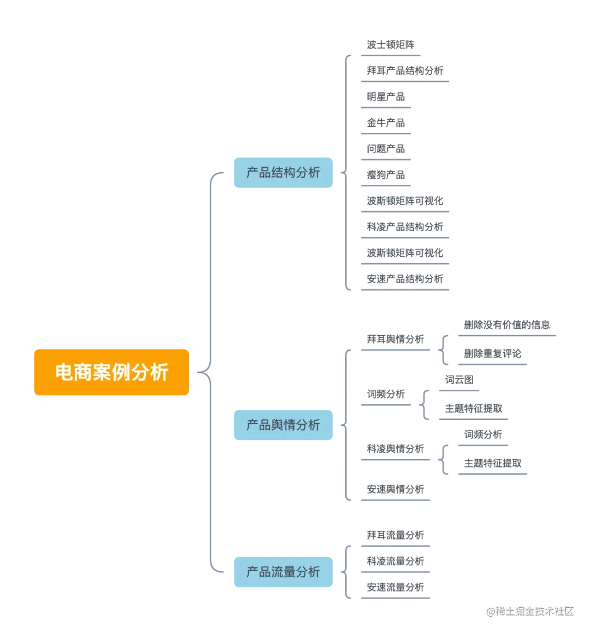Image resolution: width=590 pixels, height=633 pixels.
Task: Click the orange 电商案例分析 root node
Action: (x=111, y=372)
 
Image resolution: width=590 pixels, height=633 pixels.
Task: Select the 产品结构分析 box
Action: (x=283, y=172)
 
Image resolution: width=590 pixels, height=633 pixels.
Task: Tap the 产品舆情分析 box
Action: (x=283, y=424)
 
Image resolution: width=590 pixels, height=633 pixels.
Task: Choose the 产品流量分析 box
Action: (x=283, y=572)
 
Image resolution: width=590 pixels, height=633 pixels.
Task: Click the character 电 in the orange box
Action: (x=64, y=372)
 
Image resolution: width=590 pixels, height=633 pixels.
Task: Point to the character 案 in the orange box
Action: (x=102, y=372)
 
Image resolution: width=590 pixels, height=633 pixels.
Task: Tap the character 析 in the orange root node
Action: (x=159, y=372)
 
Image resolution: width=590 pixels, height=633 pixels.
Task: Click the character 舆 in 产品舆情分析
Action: (x=282, y=425)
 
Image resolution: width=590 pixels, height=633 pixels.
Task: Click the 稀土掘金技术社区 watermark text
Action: (x=534, y=611)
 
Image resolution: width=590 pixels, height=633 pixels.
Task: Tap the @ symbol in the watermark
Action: (x=490, y=611)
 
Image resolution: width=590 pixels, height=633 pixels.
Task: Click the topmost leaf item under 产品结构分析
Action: (x=389, y=45)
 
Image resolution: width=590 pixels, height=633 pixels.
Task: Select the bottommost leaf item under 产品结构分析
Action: (x=404, y=278)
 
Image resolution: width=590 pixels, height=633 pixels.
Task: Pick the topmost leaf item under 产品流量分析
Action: (x=395, y=535)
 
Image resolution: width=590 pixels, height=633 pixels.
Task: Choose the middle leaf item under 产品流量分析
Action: (x=395, y=561)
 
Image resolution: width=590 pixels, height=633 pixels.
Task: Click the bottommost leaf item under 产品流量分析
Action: (x=395, y=588)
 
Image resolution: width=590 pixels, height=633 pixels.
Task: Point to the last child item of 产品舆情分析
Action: (x=395, y=487)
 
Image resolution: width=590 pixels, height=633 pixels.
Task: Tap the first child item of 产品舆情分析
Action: (x=395, y=339)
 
